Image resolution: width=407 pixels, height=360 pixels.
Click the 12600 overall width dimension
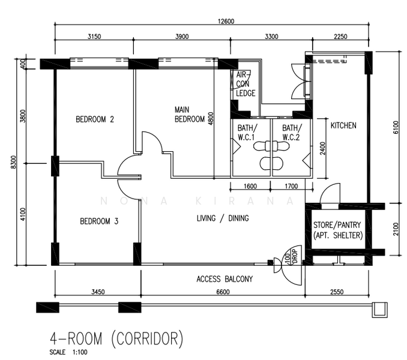coord(226,21)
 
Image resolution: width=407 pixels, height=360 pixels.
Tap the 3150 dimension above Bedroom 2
coord(94,37)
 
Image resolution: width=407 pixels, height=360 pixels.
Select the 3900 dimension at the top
coord(182,37)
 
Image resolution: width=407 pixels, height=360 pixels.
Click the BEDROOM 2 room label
coord(95,119)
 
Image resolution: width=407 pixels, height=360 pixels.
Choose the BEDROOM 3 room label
coord(99,221)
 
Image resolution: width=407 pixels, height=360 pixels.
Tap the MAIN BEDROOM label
coord(190,115)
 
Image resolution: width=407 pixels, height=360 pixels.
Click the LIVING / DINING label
coord(223,218)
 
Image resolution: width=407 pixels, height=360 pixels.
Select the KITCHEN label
coord(343,125)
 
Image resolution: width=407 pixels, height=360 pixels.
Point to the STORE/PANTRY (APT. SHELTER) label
coord(337,230)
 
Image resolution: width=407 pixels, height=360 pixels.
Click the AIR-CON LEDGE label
coord(246,84)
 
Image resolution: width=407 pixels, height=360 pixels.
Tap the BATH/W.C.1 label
coord(247,132)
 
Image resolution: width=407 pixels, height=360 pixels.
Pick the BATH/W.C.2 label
coord(292,132)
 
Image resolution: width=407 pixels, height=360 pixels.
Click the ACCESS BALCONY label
coord(225,279)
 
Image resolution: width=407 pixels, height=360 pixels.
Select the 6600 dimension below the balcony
coord(223,292)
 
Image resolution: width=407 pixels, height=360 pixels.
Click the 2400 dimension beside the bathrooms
coord(322,148)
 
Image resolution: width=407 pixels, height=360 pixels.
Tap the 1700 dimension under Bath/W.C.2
coord(291,186)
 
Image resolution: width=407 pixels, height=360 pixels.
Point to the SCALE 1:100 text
coord(68,352)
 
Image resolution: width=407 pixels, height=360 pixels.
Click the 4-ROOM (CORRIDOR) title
coord(116,338)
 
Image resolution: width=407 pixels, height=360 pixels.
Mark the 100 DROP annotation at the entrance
coord(291,257)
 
